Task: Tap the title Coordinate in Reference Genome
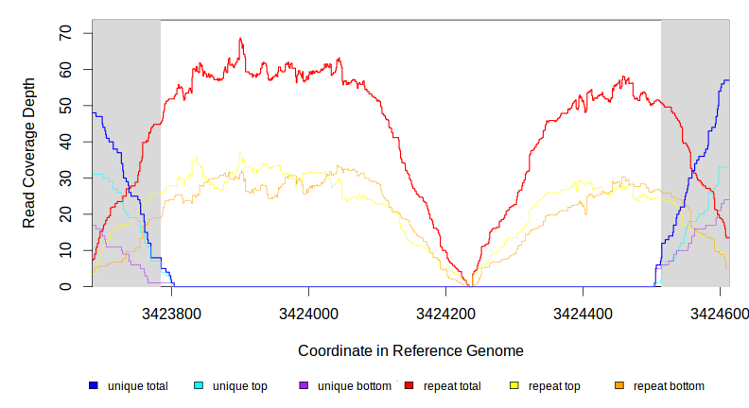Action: (x=410, y=350)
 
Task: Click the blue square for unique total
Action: (x=94, y=386)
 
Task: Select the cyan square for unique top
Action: (x=199, y=386)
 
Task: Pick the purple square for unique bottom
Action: (x=304, y=386)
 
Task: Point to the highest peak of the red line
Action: (x=241, y=39)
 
